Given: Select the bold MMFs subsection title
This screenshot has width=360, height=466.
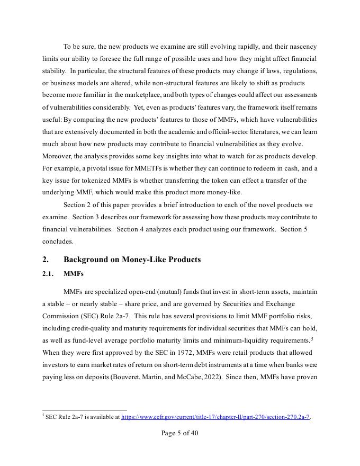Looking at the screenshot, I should [x=74, y=274].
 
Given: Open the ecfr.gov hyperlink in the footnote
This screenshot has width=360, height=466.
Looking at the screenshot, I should [x=215, y=417].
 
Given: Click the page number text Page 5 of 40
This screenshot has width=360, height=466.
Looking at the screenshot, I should [x=180, y=433].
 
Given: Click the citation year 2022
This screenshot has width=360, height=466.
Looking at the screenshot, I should [x=208, y=377].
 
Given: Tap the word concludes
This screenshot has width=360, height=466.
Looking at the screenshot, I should [x=58, y=241].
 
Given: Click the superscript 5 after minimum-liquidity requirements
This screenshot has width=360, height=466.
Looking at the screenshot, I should [x=312, y=338].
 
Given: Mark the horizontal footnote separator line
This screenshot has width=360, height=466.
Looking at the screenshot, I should [x=85, y=410].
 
